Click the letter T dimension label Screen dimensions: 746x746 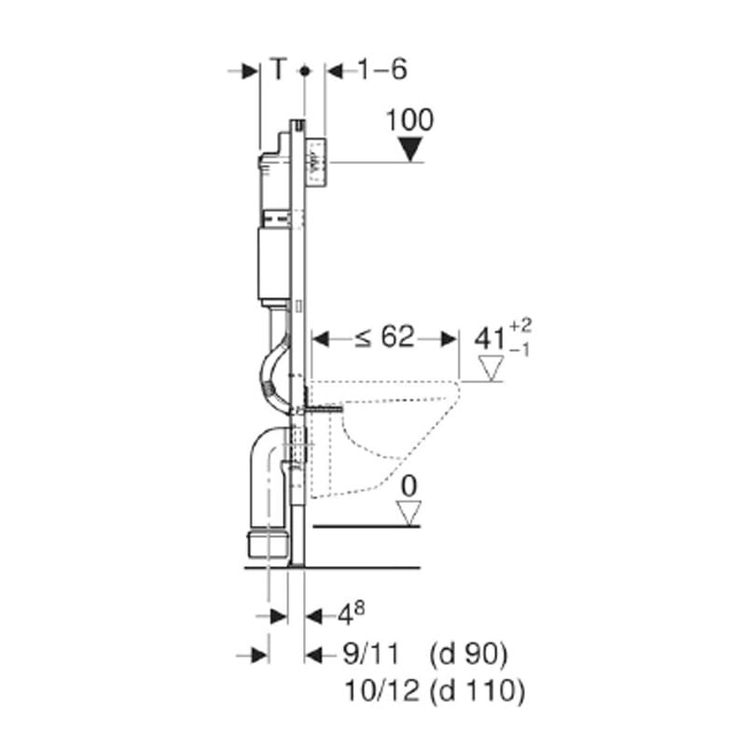279,68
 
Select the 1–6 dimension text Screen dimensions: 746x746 382,69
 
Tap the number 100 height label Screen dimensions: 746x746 409,120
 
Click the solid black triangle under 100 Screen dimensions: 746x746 410,149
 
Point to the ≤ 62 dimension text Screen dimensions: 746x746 385,338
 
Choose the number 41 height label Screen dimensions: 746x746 490,339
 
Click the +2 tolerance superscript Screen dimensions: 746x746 520,326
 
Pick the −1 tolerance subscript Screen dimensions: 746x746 519,352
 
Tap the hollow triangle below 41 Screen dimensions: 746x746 491,368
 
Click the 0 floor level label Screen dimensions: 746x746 409,486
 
